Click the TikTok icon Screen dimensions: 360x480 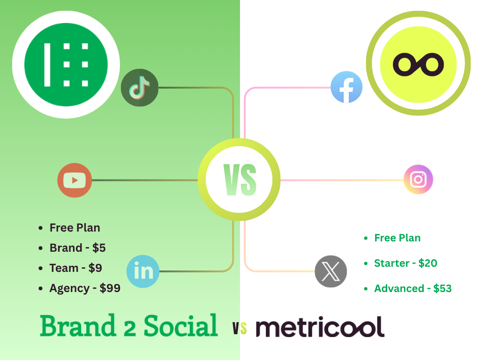pos(140,88)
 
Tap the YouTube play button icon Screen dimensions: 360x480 pos(75,180)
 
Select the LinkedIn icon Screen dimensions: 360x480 pos(143,271)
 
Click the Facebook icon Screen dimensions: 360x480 pos(346,87)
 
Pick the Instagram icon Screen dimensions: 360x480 pos(418,180)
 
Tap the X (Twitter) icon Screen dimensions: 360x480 pos(331,271)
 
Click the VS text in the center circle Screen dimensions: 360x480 pos(240,180)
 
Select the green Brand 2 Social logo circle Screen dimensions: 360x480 pos(66,65)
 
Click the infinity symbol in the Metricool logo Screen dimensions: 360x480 pos(418,64)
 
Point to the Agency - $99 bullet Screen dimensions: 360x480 pos(85,288)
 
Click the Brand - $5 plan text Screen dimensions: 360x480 pos(77,248)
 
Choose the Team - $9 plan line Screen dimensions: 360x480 pos(75,268)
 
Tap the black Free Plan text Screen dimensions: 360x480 pos(75,228)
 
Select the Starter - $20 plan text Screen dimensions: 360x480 pos(405,263)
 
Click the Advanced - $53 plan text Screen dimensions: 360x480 pos(412,289)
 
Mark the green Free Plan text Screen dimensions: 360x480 pos(397,238)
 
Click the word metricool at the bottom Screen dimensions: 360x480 pos(320,327)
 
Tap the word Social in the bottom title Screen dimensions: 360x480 pos(180,326)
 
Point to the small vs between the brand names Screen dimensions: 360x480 pos(239,329)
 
